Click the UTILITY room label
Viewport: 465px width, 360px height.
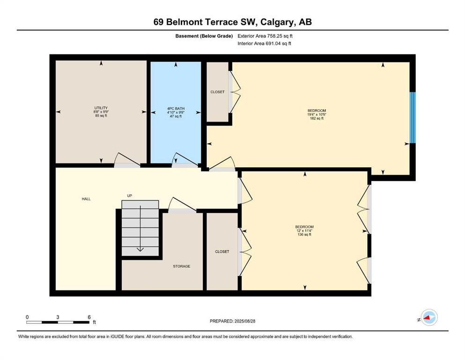(101, 108)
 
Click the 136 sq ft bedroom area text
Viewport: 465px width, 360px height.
(304, 234)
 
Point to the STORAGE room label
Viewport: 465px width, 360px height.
(181, 266)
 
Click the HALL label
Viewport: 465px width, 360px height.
(86, 199)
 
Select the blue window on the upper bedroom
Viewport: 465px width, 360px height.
(412, 117)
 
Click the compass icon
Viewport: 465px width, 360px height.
(429, 318)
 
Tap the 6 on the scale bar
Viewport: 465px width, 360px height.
(89, 317)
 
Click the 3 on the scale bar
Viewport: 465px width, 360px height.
(58, 317)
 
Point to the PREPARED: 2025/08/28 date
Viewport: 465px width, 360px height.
(232, 321)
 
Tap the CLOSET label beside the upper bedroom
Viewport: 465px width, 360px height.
(217, 92)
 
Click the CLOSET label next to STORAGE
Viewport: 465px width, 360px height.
(222, 252)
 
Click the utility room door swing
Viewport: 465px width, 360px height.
(127, 159)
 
